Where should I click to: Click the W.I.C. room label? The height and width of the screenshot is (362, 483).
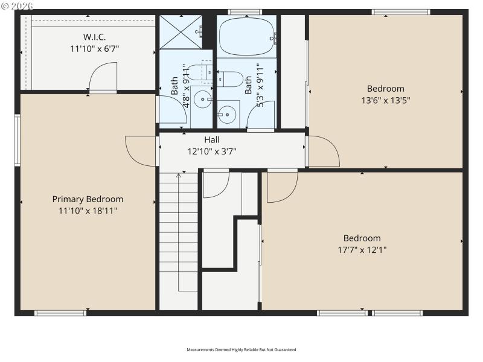(95, 36)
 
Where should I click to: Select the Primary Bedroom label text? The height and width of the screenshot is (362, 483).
(88, 199)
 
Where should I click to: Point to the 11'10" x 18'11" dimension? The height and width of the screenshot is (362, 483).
(88, 211)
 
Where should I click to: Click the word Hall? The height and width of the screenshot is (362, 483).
(212, 140)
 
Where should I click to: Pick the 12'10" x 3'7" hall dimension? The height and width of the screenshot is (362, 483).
(212, 151)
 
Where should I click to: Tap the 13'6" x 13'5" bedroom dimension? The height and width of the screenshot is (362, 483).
(386, 100)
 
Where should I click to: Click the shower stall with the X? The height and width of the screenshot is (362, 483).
(180, 32)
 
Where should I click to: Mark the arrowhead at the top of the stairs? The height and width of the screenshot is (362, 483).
(179, 176)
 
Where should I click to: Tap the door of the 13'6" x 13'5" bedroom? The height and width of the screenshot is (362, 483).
(323, 152)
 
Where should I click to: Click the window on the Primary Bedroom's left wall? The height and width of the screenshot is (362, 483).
(18, 140)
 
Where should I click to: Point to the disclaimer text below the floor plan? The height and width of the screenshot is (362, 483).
(241, 349)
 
